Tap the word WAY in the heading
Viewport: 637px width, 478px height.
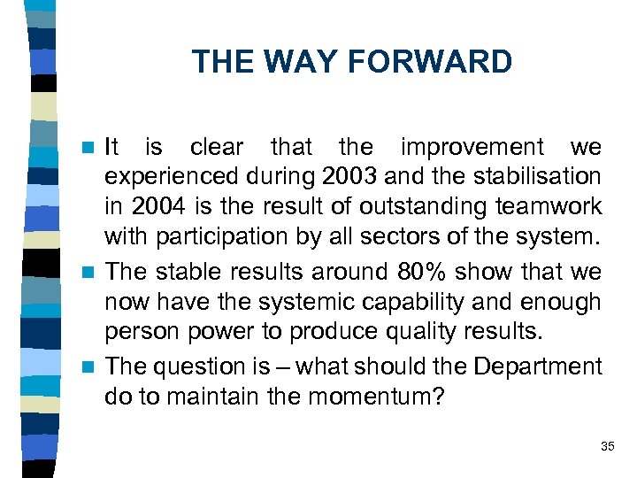[303, 62]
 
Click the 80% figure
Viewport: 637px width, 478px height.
[423, 272]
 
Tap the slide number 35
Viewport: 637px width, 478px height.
[607, 446]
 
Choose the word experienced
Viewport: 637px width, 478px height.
[162, 176]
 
